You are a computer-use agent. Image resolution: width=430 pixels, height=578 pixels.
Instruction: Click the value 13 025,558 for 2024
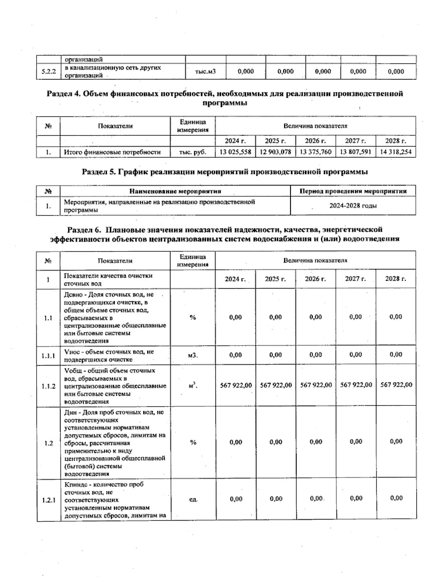click(x=235, y=152)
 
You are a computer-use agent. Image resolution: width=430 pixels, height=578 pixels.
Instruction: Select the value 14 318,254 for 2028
click(x=396, y=152)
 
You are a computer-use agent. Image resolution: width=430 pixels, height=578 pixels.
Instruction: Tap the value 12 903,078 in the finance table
click(x=275, y=152)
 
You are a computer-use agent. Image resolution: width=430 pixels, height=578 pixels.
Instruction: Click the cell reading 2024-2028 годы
click(x=353, y=206)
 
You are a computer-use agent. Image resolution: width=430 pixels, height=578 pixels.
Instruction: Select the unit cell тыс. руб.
click(x=193, y=152)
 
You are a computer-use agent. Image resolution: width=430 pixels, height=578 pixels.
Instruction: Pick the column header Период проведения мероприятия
click(x=353, y=191)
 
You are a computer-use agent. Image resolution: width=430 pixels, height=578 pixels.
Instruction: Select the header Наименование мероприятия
click(x=175, y=191)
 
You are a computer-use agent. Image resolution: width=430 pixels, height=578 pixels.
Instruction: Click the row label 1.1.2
click(x=48, y=386)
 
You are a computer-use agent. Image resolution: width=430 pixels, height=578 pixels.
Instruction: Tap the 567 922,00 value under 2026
click(x=316, y=385)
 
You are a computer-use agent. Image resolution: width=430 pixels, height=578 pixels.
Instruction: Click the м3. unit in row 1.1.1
click(x=193, y=355)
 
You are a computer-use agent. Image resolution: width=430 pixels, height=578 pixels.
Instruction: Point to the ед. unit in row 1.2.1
click(x=193, y=499)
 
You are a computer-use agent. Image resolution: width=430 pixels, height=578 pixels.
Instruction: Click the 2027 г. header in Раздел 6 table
click(x=355, y=279)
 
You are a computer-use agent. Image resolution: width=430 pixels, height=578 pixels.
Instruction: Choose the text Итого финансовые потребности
click(x=112, y=152)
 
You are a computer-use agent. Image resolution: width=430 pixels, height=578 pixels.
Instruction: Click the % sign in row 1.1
click(x=193, y=318)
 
